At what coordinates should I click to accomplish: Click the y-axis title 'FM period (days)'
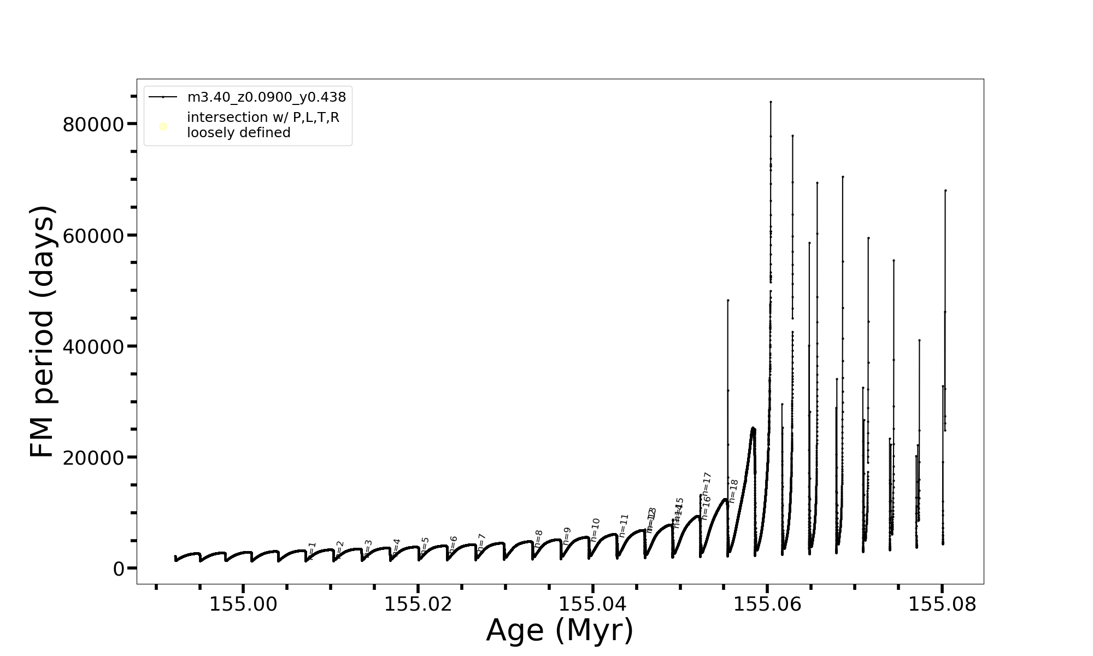[43, 332]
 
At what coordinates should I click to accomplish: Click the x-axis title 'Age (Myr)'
[560, 630]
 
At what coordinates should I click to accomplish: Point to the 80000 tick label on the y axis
[93, 125]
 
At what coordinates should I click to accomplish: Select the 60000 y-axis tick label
[93, 236]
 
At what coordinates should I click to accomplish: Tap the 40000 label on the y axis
[93, 347]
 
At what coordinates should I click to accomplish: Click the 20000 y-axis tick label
[93, 458]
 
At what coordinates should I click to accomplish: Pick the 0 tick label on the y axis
[118, 569]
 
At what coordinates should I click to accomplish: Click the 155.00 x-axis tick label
[244, 604]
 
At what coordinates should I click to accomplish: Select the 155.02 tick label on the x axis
[418, 604]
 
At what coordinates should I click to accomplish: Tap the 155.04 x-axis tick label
[592, 604]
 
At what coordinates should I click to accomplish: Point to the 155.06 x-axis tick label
[767, 604]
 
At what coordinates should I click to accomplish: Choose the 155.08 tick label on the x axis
[942, 604]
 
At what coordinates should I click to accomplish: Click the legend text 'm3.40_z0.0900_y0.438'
[267, 97]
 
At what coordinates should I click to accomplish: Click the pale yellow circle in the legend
[163, 127]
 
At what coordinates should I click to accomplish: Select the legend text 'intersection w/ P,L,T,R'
[263, 118]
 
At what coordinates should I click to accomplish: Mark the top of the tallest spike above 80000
[771, 102]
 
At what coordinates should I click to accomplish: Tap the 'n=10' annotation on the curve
[596, 529]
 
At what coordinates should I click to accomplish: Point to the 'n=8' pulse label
[539, 538]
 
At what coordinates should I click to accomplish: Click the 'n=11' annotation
[624, 525]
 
